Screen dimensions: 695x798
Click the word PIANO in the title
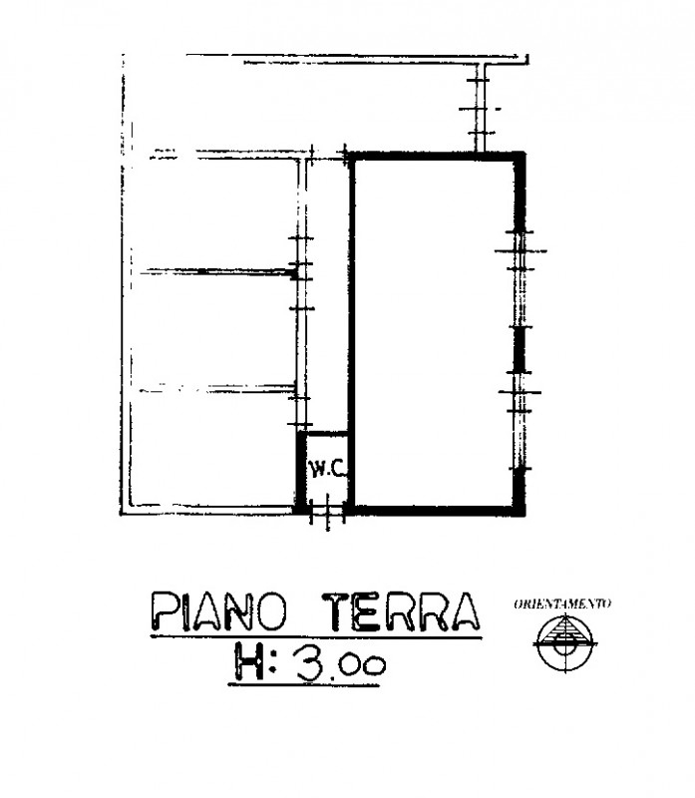219,611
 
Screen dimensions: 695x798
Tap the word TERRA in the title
401,611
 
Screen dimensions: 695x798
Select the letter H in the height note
249,661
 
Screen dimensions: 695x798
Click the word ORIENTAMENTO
562,604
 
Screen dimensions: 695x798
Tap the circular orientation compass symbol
565,643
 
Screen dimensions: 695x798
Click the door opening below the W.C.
328,512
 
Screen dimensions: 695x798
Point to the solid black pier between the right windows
519,349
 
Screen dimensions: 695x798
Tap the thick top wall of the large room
437,157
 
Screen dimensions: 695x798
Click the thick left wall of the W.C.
301,472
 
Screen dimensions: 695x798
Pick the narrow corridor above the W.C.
328,295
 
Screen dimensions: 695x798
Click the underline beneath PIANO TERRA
316,636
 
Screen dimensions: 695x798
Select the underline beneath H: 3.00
304,685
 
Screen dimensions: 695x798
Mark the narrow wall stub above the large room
480,108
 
